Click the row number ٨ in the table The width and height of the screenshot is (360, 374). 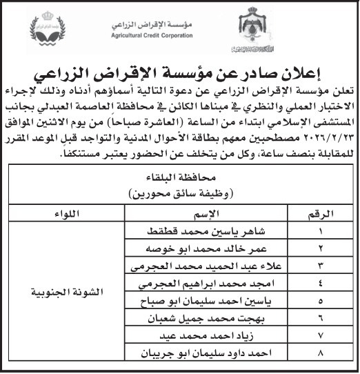312,354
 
